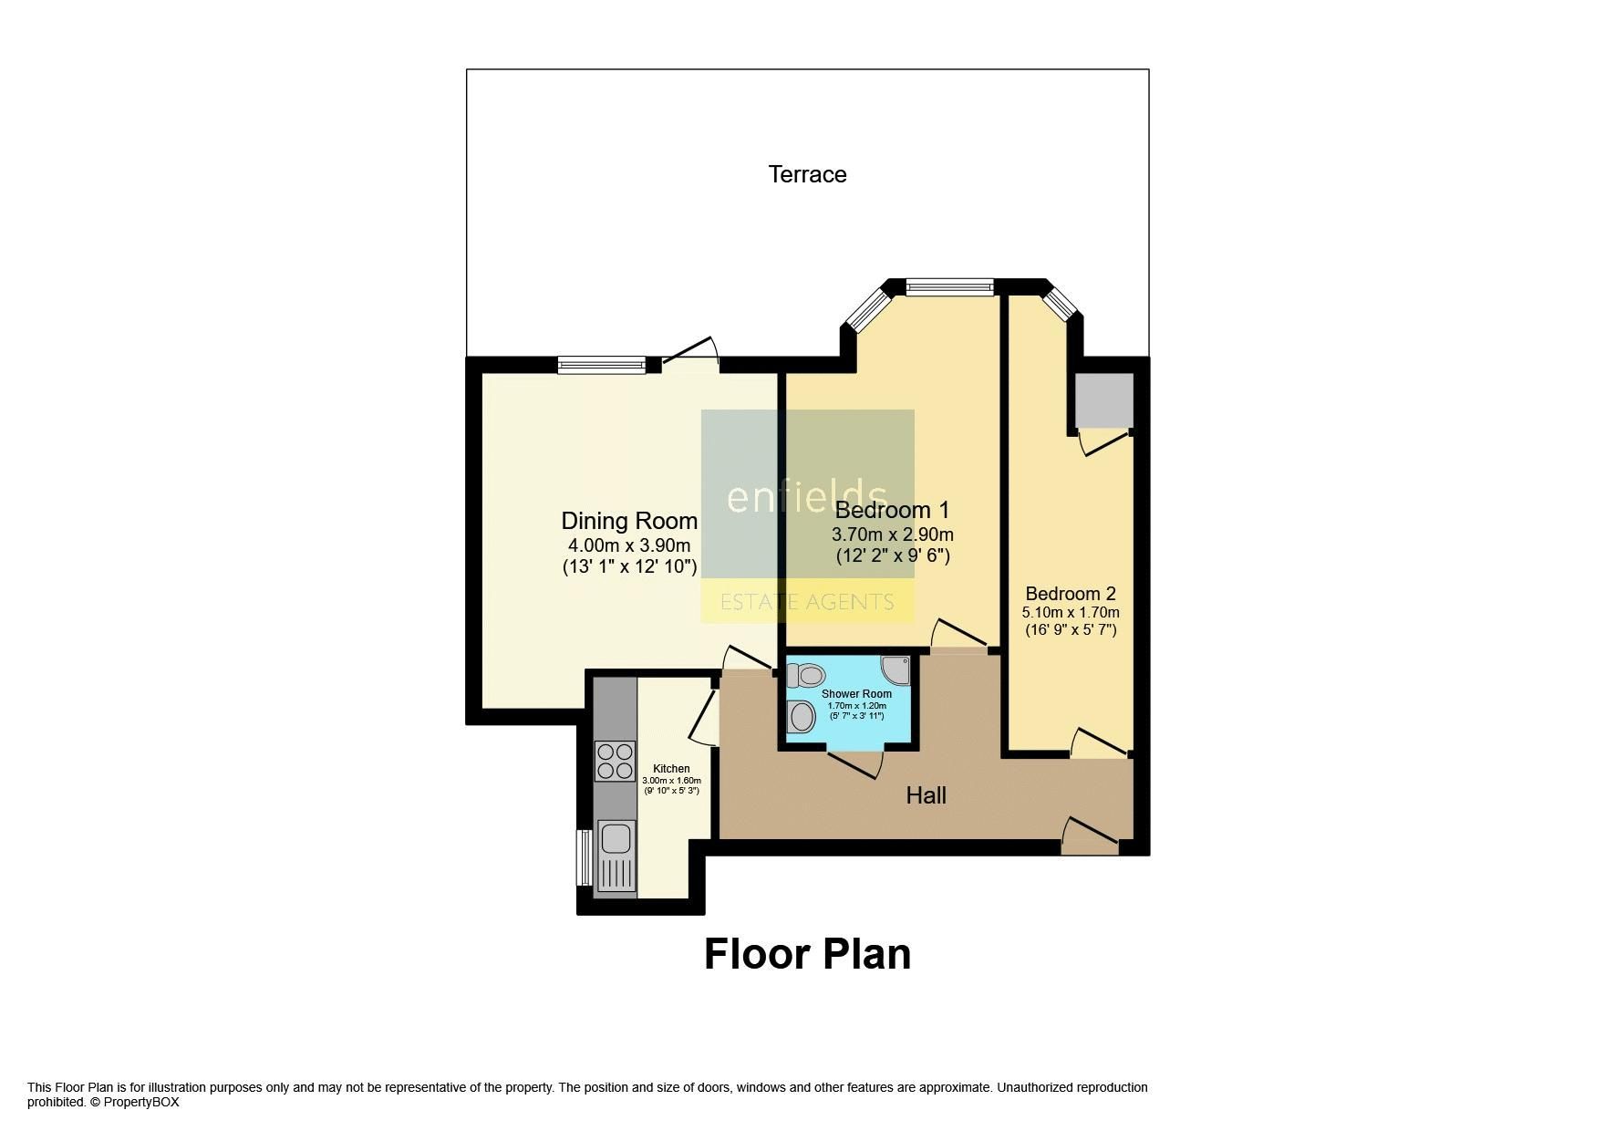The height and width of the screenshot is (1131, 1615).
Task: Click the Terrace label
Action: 807,174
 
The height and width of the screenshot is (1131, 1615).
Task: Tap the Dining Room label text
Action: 629,521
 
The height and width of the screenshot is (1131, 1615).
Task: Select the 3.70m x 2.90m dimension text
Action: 893,534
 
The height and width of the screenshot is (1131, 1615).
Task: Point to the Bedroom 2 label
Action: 1071,594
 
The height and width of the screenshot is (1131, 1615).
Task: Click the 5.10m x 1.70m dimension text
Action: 1071,612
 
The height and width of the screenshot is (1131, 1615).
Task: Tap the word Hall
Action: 926,795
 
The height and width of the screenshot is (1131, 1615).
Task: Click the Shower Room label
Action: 856,694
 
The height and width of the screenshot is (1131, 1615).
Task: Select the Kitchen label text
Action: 671,769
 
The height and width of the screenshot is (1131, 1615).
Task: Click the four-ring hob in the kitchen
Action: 615,762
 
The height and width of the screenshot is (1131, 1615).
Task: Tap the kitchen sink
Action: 616,837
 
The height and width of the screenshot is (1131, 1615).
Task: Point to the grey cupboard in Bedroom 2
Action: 1103,399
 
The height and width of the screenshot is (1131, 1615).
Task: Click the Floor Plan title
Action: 807,954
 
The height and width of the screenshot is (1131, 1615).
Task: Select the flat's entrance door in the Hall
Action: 1090,836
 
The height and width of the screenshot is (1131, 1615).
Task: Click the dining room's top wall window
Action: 601,365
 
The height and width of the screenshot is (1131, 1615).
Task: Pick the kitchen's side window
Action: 582,857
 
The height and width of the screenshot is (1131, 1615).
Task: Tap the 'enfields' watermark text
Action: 806,497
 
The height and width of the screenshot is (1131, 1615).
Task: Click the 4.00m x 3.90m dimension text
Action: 629,545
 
